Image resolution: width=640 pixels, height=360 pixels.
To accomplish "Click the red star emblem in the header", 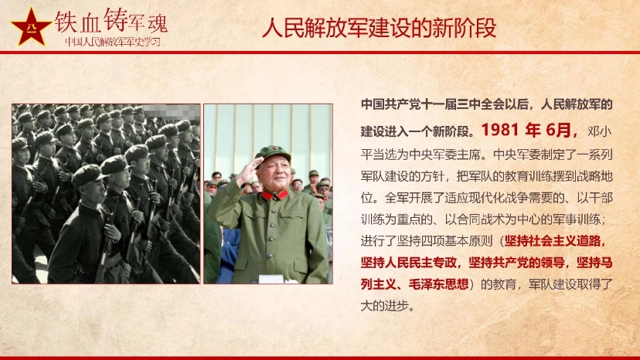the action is click(31, 28).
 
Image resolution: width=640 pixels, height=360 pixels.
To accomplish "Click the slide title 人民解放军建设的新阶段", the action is click(380, 28).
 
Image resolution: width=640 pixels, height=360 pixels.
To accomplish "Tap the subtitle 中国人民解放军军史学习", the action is click(113, 42).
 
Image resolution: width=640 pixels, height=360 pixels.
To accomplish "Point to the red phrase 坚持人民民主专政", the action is click(408, 263).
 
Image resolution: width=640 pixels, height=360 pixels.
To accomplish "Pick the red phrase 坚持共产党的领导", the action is click(516, 263).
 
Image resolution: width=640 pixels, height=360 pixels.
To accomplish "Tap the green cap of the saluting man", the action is click(273, 153).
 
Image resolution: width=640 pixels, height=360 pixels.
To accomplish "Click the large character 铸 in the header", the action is click(115, 20).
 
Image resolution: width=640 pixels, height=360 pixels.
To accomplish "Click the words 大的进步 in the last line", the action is click(384, 306).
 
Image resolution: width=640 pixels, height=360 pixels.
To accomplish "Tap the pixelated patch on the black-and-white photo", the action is click(171, 111).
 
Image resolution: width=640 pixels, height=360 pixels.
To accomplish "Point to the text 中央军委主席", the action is click(445, 155).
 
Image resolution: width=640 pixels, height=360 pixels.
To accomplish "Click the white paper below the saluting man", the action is click(271, 279).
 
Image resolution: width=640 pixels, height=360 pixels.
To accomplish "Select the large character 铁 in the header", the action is click(66, 21).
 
